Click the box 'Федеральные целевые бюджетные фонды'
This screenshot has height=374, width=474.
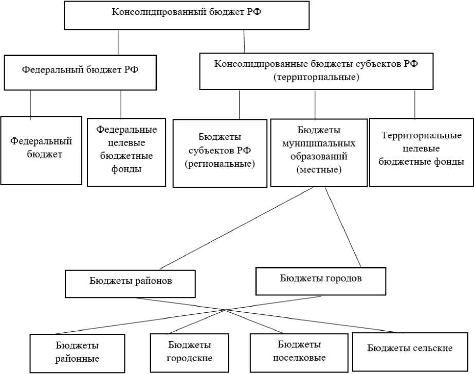coord(126,152)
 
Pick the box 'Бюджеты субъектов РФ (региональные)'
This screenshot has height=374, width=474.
coord(220,153)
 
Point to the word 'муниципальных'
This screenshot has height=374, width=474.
coord(319,143)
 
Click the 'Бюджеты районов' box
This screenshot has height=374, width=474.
coord(131,283)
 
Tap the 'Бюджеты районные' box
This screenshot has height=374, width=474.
coord(77,353)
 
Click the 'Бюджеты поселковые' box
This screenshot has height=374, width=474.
coord(299,351)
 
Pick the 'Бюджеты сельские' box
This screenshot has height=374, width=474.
coord(410,350)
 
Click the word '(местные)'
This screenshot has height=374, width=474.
coord(319,169)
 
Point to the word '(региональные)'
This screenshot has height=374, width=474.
coord(220,164)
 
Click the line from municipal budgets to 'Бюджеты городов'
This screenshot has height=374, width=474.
coord(343,226)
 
